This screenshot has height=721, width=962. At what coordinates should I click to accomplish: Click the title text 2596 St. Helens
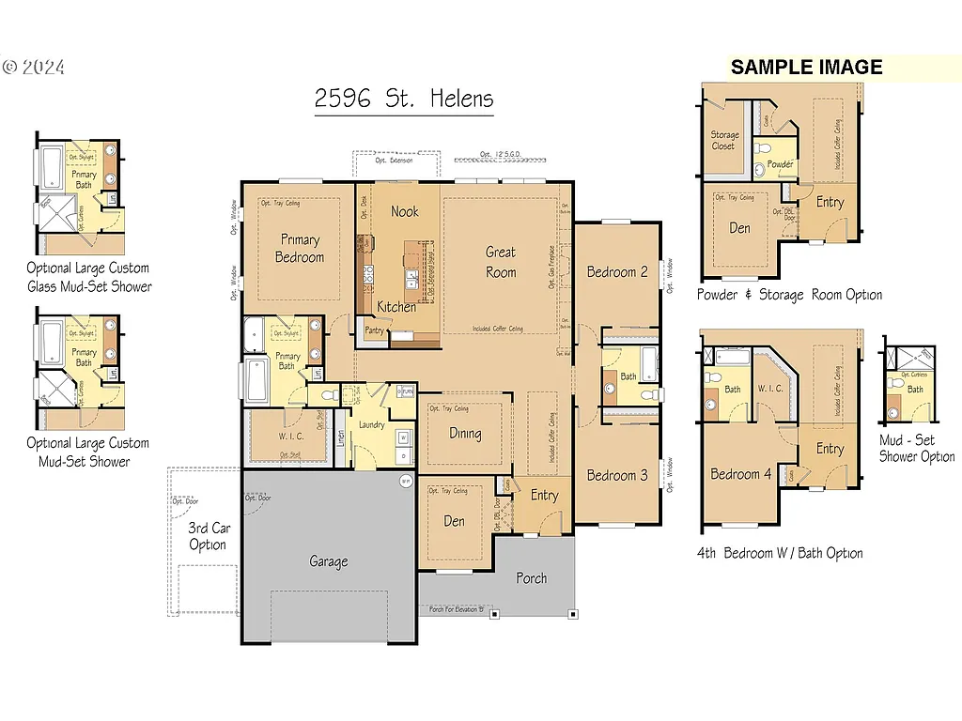click(404, 100)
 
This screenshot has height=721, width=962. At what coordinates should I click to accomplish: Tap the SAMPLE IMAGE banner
click(806, 68)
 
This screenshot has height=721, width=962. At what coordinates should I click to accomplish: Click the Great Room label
click(501, 262)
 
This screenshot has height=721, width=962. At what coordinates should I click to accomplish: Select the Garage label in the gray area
click(329, 561)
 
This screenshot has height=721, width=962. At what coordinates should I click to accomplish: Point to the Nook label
click(405, 211)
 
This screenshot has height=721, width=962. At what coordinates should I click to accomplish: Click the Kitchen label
click(396, 307)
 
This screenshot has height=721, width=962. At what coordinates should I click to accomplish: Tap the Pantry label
click(375, 330)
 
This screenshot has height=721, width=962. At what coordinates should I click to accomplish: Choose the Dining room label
click(465, 434)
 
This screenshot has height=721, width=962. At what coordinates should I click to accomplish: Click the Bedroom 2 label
click(617, 272)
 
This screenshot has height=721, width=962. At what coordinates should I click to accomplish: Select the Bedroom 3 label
click(617, 475)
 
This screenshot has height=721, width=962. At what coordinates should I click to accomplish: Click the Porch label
click(532, 578)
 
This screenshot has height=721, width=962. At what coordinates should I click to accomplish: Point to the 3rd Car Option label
click(208, 536)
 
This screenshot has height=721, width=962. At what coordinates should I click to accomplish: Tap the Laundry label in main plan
click(371, 425)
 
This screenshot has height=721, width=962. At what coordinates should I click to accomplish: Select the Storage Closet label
click(724, 141)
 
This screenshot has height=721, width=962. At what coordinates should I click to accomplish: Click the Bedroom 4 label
click(741, 474)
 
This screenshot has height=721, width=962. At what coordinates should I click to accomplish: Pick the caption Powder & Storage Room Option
click(789, 295)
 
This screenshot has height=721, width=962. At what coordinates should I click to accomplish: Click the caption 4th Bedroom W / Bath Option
click(780, 553)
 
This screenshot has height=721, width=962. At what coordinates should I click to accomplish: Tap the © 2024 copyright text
click(34, 68)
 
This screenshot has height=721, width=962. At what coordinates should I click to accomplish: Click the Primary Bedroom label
click(300, 249)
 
